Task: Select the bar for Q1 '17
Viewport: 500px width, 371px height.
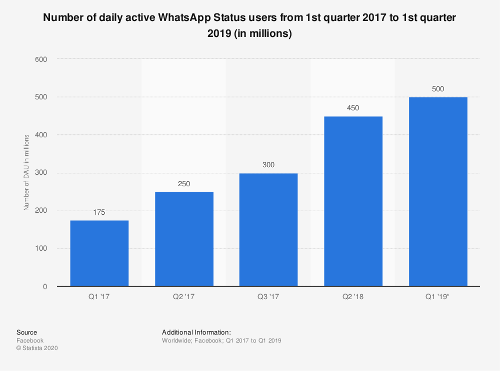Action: point(99,253)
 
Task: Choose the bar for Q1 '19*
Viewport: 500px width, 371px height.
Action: point(438,192)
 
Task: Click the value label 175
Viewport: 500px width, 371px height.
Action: point(99,212)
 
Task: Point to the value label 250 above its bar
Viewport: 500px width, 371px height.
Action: point(184,184)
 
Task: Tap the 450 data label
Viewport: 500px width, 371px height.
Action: point(353,108)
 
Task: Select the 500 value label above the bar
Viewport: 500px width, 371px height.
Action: point(438,89)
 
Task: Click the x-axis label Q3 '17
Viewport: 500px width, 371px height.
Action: point(268,297)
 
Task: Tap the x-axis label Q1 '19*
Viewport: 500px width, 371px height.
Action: point(438,297)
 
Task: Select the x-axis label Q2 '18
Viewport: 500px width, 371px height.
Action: point(353,297)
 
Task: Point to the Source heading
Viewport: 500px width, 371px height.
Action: point(26,332)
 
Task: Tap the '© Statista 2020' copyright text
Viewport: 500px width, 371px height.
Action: point(37,349)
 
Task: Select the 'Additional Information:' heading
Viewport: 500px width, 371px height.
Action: point(196,332)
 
